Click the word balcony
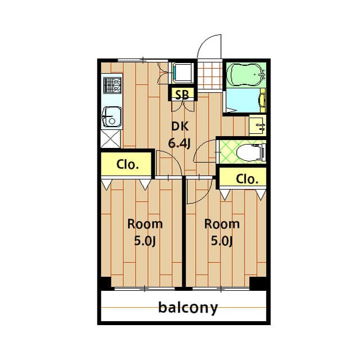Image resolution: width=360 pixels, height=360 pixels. click(187, 308)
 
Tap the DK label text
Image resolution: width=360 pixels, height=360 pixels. click(179, 127)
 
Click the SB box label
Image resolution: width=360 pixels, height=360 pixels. click(181, 94)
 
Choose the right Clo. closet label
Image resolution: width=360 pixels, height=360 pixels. click(247, 179)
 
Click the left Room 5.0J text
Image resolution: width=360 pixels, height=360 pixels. click(145, 232)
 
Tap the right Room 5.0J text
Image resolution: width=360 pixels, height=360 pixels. click(221, 232)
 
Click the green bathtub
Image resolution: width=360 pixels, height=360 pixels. click(246, 74)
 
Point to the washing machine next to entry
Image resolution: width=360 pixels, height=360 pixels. click(182, 73)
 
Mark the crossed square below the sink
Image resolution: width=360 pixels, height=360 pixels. click(111, 138)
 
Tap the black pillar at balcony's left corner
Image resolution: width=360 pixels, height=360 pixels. click(105, 283)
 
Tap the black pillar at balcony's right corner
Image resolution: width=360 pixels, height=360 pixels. click(258, 283)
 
